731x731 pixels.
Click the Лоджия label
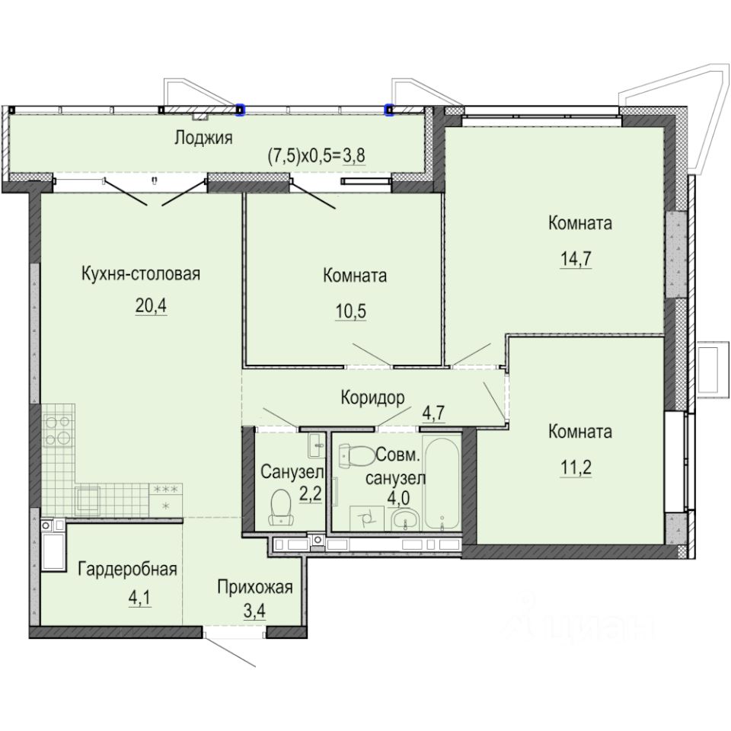(203, 138)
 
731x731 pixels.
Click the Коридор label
(372, 397)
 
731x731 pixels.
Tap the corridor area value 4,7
(434, 413)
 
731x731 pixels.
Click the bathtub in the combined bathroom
(442, 484)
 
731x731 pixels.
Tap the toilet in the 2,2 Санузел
(280, 507)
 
